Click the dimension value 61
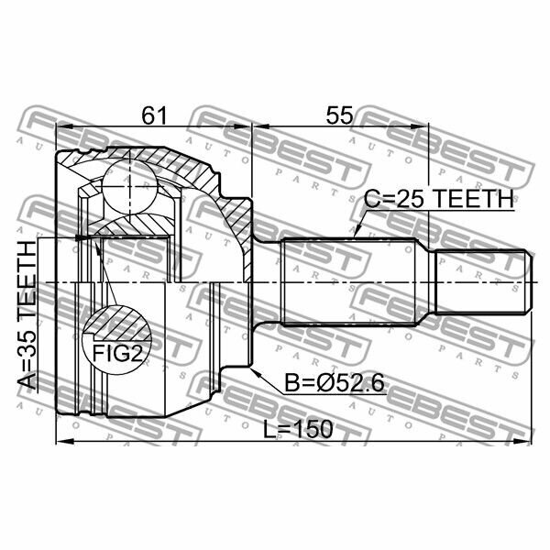click(154, 115)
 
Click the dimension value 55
click(339, 115)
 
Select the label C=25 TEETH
click(439, 199)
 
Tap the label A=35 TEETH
click(27, 315)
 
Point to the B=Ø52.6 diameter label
click(335, 382)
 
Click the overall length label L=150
click(298, 429)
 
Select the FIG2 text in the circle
click(117, 353)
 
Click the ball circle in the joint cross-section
click(130, 187)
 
